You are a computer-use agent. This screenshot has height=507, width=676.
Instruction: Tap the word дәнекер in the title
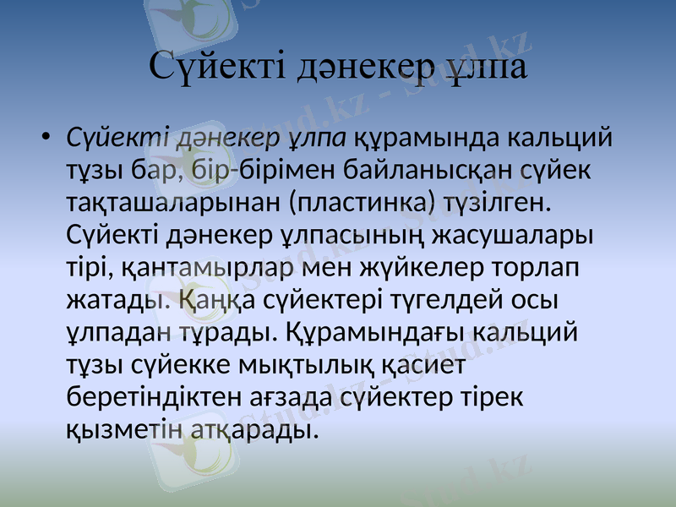coord(368,65)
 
